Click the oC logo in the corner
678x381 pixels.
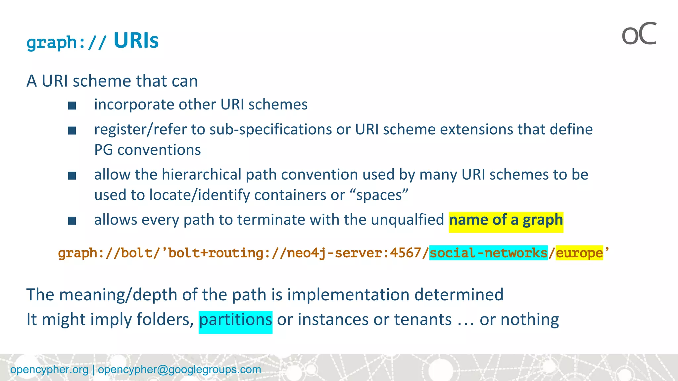(639, 34)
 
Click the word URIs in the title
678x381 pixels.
(136, 41)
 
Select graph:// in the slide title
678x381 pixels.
(67, 42)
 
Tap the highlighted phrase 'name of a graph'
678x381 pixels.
(506, 220)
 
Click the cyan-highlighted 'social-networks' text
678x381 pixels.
(488, 253)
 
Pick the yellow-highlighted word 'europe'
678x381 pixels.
(579, 253)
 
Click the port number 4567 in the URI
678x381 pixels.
(405, 253)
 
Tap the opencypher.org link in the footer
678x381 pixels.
(49, 369)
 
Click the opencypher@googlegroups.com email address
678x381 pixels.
(179, 369)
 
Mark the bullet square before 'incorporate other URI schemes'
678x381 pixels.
(72, 106)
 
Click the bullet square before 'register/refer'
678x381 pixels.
(72, 131)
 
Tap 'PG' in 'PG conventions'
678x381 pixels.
(104, 150)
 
